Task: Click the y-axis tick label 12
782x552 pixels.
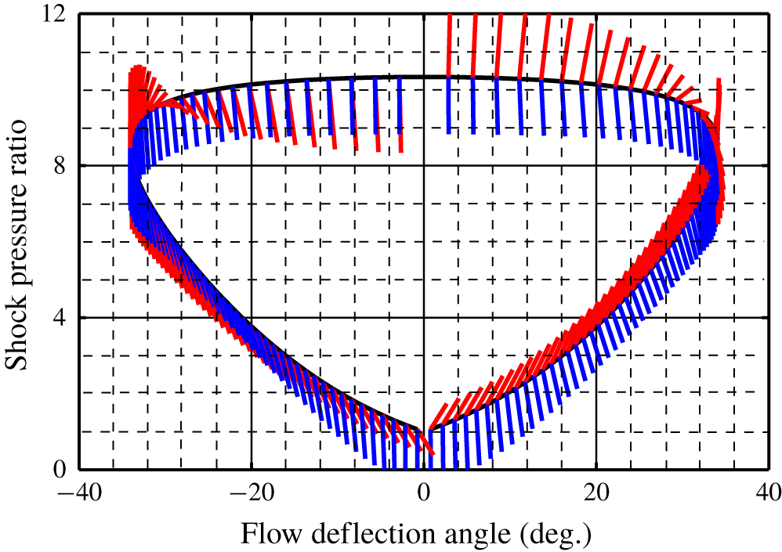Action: point(62,15)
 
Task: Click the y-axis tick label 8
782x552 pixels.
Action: point(68,166)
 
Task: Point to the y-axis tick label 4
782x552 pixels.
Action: point(68,318)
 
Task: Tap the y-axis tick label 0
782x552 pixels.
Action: point(68,470)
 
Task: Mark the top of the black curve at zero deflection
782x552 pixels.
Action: point(424,77)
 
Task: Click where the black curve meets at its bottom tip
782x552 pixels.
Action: point(424,430)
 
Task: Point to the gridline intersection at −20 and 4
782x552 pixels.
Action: point(251,318)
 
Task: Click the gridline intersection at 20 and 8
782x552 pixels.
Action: point(596,166)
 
